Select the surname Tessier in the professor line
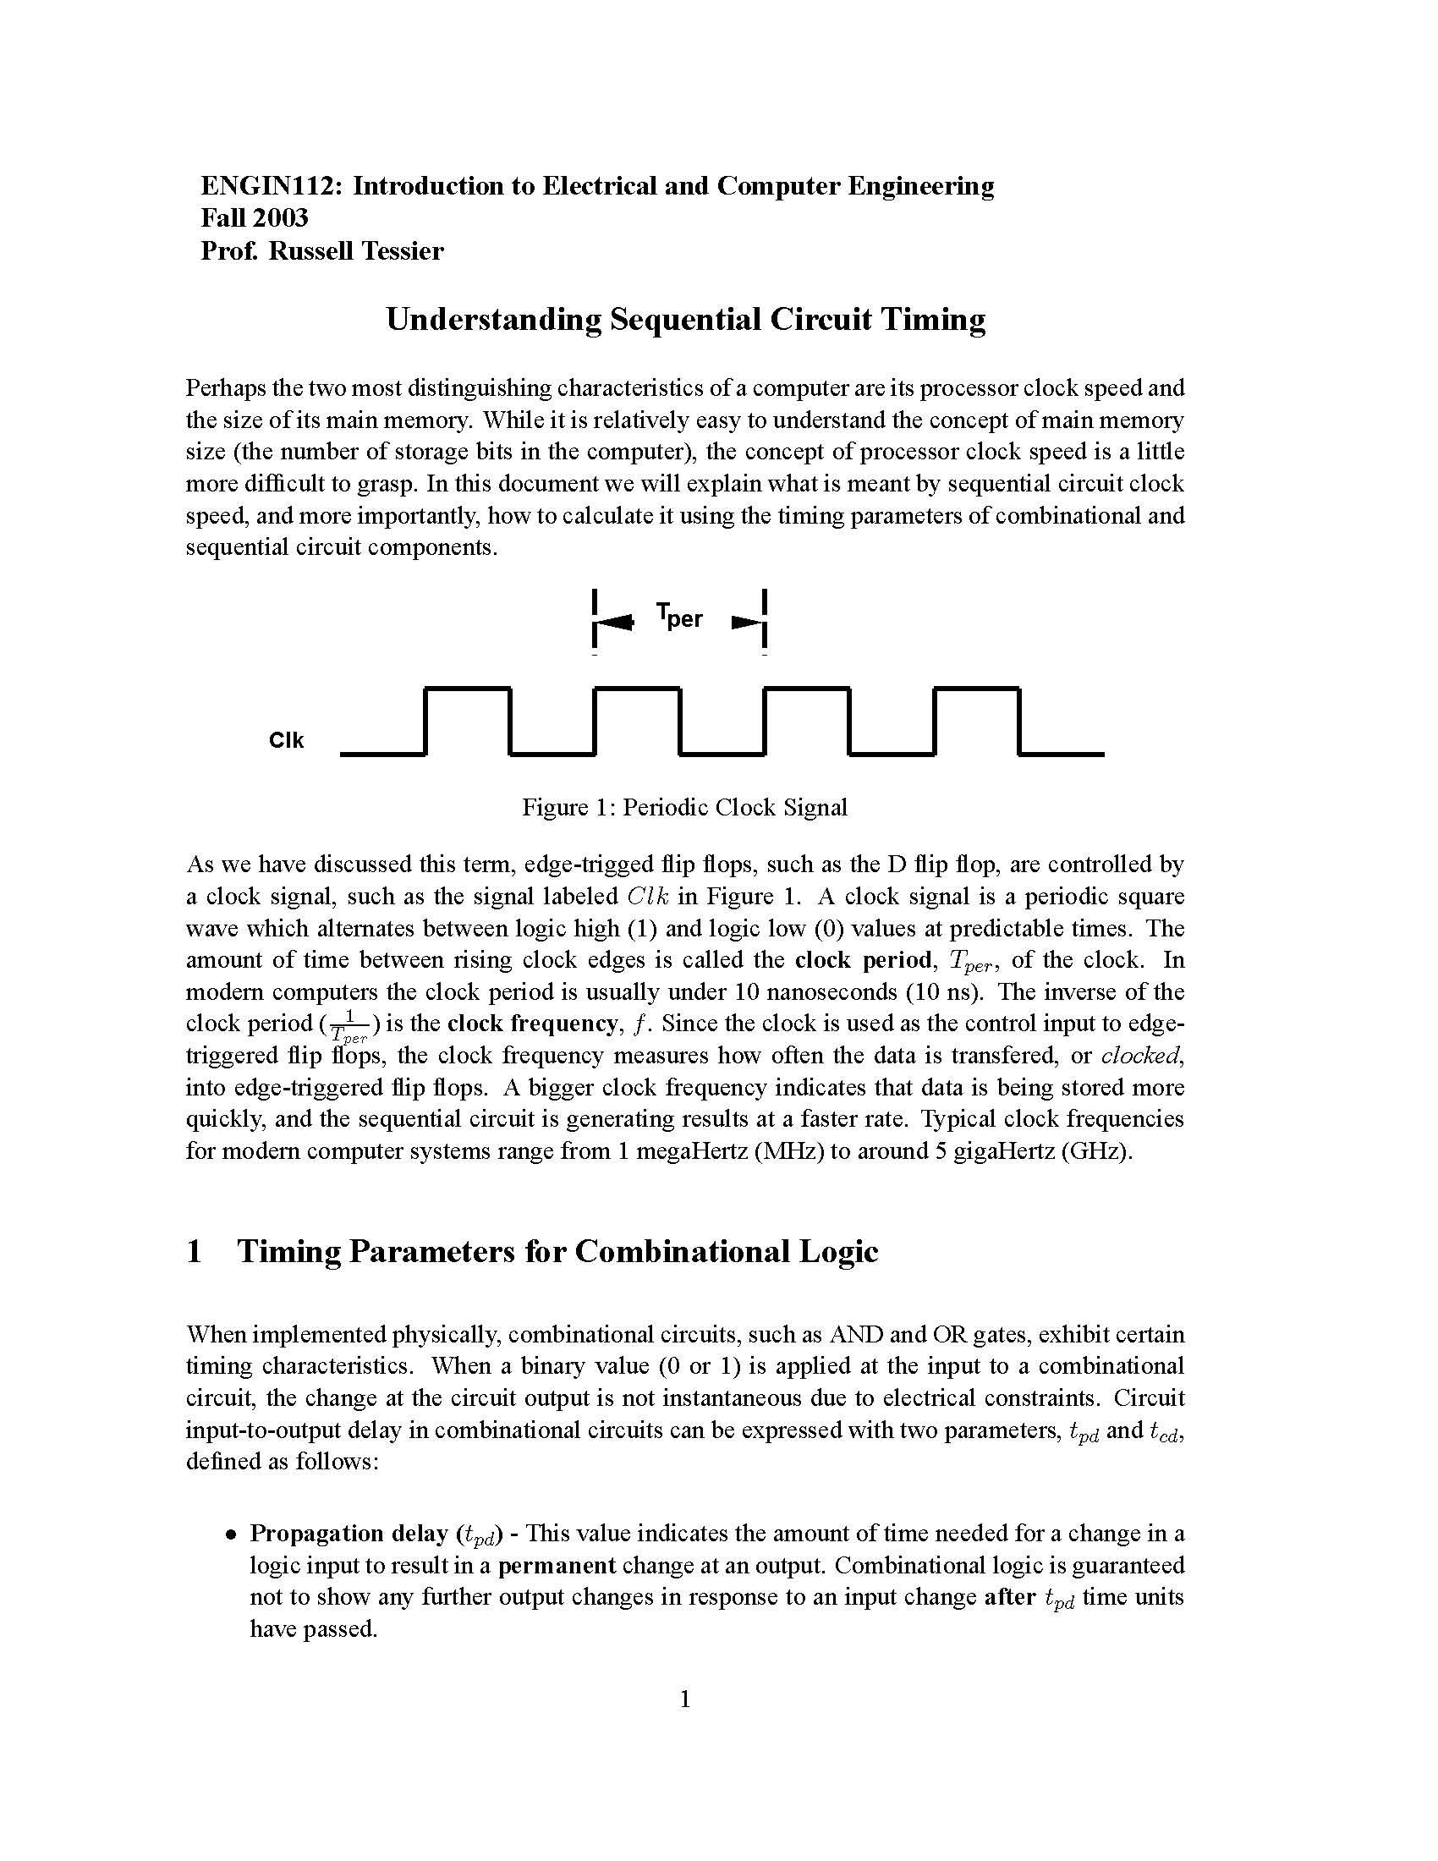pos(400,251)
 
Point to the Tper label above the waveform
pos(679,614)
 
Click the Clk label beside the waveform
pos(286,740)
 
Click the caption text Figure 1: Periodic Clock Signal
pos(684,807)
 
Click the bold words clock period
pos(861,960)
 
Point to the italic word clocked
pos(1140,1056)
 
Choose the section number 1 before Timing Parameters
pos(195,1252)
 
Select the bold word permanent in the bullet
pos(557,1566)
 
